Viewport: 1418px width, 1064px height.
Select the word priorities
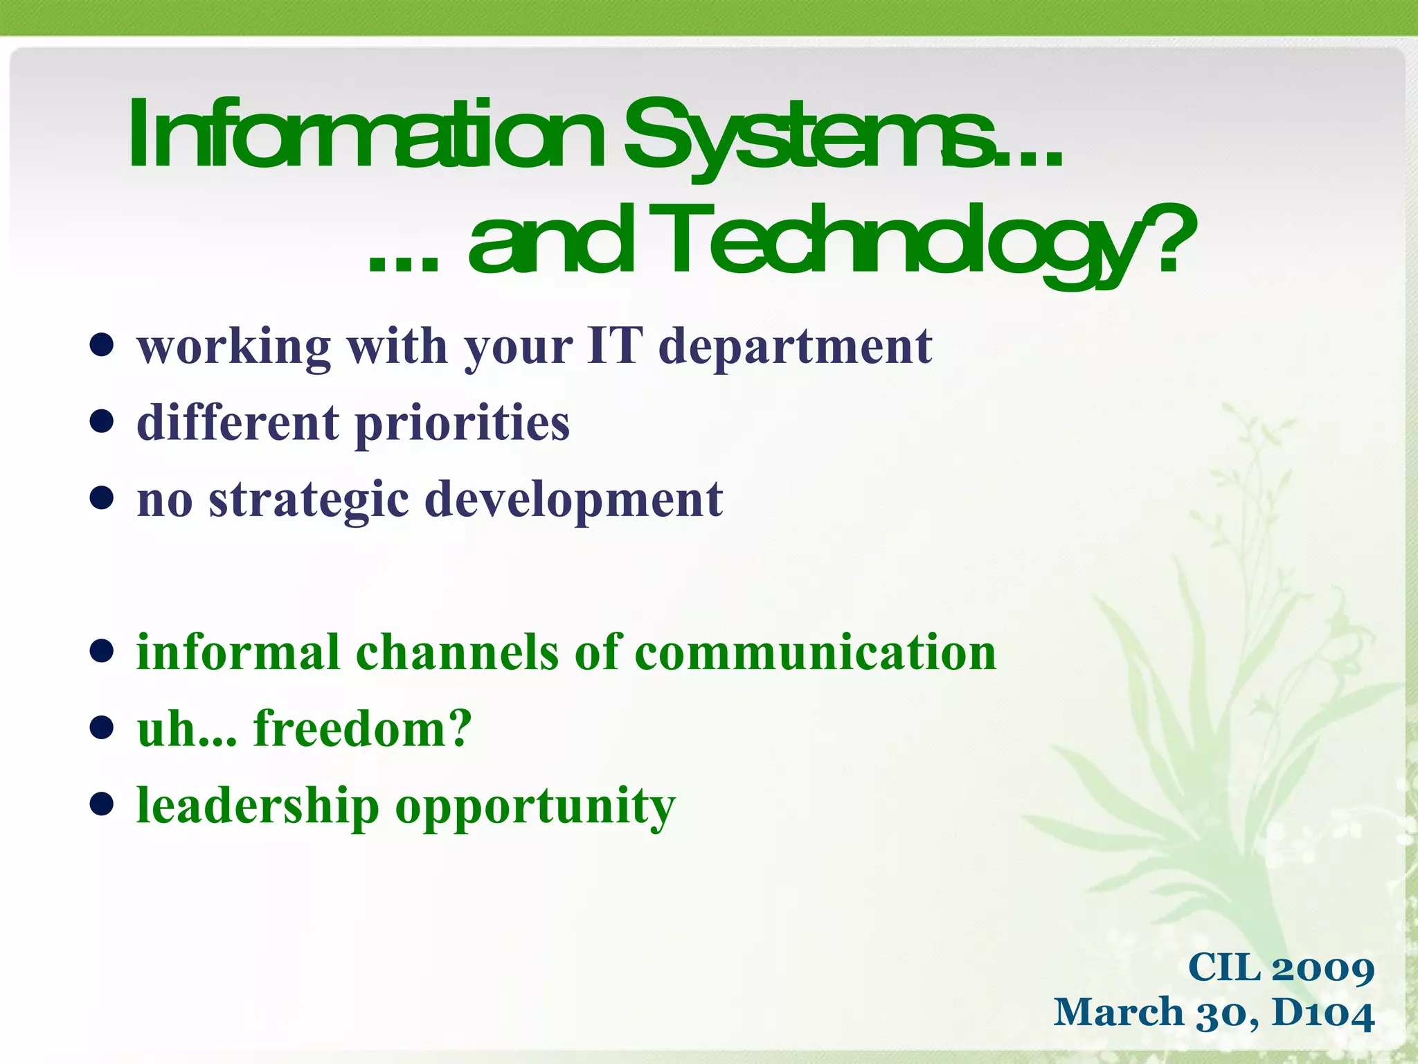pyautogui.click(x=463, y=423)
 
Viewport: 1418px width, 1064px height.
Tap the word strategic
pyautogui.click(x=309, y=500)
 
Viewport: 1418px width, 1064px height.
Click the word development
pyautogui.click(x=573, y=500)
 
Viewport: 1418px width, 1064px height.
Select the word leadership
pyautogui.click(x=258, y=806)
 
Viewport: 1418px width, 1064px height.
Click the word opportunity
pyautogui.click(x=535, y=807)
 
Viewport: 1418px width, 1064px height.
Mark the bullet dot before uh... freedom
pyautogui.click(x=102, y=727)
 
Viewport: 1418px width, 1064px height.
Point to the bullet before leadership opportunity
pyautogui.click(x=102, y=804)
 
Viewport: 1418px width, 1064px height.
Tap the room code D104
pyautogui.click(x=1322, y=1013)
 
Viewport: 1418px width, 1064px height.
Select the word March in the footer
pyautogui.click(x=1118, y=1013)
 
